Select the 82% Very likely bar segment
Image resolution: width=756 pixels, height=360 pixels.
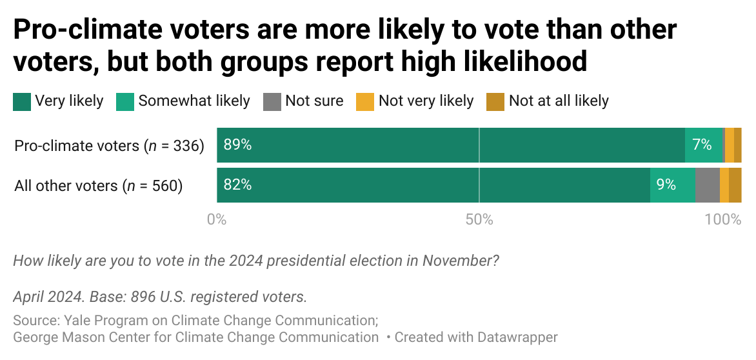tap(433, 185)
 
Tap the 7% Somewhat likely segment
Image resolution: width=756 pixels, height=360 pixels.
tap(704, 145)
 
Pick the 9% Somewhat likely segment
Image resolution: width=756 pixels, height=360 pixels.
tap(672, 185)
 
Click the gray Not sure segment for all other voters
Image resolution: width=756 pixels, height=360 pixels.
tap(707, 185)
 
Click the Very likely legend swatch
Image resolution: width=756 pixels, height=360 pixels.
tap(22, 101)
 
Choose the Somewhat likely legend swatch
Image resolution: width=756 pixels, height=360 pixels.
tap(125, 101)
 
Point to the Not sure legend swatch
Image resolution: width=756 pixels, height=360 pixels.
tap(272, 101)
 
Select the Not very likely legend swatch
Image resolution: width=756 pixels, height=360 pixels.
tap(365, 101)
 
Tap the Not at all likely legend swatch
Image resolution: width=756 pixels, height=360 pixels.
tap(495, 101)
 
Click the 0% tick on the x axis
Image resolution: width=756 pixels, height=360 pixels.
tap(216, 219)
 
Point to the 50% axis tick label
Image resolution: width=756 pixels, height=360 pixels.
tap(479, 219)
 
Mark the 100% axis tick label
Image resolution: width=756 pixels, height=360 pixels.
tap(724, 219)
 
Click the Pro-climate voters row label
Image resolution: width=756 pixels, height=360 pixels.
tap(109, 146)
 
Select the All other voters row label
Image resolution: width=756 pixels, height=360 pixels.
tap(99, 186)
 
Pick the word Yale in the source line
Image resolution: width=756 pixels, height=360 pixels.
tap(75, 320)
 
